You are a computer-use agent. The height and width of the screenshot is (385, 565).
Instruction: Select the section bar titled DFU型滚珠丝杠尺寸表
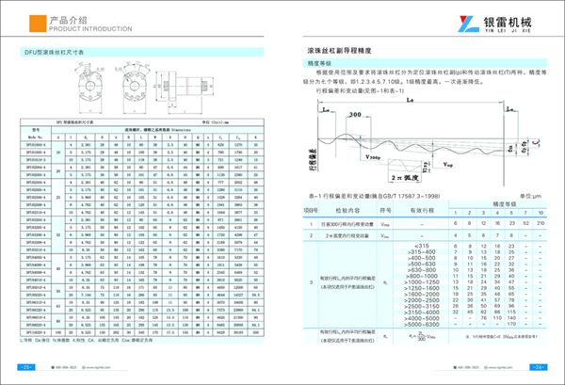56,54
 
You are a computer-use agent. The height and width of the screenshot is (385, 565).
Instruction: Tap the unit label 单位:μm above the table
534,192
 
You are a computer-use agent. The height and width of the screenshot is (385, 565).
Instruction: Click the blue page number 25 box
27,365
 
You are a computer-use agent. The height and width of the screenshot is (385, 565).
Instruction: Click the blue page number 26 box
537,365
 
